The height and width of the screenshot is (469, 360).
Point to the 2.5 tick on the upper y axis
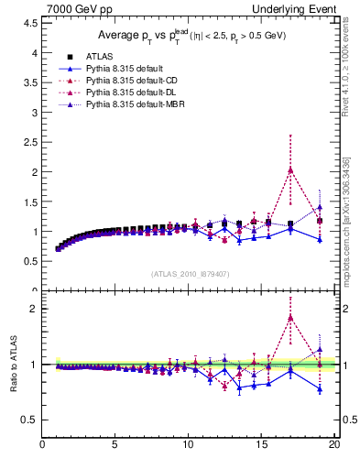(x=30, y=142)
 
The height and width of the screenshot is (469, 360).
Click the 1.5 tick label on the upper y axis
(x=30, y=202)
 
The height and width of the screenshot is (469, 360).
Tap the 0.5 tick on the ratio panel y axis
(x=30, y=420)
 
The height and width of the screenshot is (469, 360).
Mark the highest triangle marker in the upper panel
(x=290, y=169)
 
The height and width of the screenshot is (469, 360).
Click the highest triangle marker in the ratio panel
(x=290, y=318)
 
